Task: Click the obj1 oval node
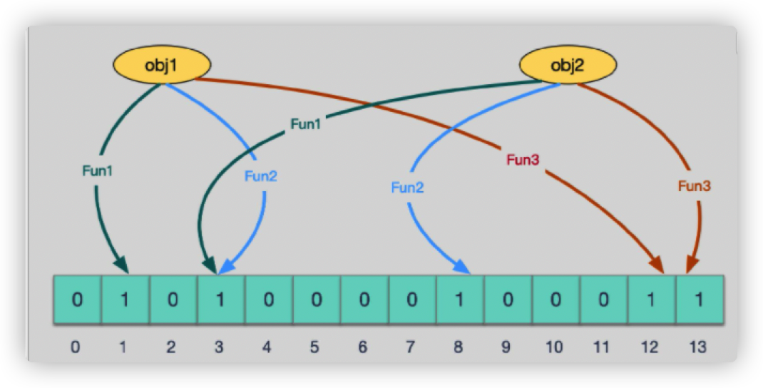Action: (161, 66)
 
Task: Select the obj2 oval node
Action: (568, 66)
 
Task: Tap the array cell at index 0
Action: (77, 298)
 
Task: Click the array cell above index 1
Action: (125, 298)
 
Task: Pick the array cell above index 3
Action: (220, 298)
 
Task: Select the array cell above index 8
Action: (459, 298)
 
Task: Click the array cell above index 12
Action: (650, 298)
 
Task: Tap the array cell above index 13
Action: (699, 298)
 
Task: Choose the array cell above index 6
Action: (364, 298)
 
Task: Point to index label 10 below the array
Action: (555, 347)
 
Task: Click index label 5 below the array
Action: (316, 347)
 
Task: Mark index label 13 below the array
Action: (698, 347)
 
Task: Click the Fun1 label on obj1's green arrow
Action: (97, 171)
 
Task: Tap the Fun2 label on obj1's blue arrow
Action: (260, 176)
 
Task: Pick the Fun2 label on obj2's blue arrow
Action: (407, 188)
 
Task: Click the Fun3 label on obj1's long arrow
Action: (523, 160)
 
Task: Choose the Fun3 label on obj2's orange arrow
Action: (694, 186)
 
